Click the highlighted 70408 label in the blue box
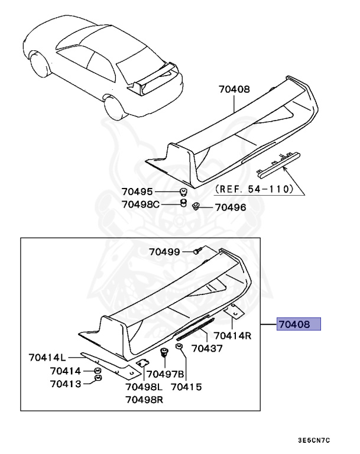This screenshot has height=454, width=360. [299, 324]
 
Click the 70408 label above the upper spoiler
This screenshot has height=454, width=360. [233, 90]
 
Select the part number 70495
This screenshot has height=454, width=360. [138, 192]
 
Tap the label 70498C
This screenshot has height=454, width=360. [141, 205]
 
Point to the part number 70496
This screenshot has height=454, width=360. [230, 207]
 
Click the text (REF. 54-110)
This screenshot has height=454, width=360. [254, 189]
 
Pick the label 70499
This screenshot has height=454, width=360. [164, 252]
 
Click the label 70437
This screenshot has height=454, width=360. [206, 349]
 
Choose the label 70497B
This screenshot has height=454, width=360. [166, 374]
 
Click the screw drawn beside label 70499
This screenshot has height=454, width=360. [199, 252]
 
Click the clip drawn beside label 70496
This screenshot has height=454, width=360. [197, 206]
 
